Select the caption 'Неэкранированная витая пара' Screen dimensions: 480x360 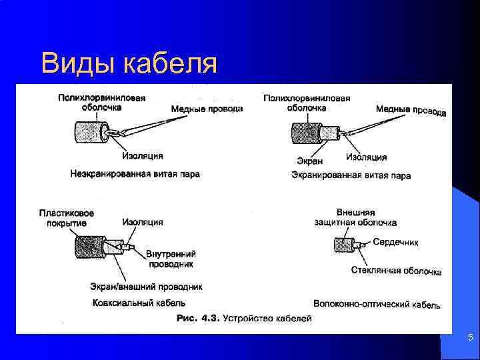(x=135, y=174)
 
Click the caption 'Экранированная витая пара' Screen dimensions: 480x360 (x=351, y=175)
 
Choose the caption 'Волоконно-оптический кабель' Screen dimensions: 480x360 (x=377, y=304)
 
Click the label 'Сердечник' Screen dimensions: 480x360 (x=396, y=243)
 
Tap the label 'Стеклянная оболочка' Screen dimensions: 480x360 (x=396, y=271)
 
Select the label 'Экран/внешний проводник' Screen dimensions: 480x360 (x=146, y=287)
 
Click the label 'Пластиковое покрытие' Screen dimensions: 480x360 (x=66, y=218)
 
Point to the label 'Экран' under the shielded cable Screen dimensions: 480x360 (x=309, y=161)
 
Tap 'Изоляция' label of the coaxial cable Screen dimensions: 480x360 (x=143, y=222)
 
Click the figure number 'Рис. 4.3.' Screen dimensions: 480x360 (x=198, y=319)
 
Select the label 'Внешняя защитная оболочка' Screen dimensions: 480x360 (x=355, y=217)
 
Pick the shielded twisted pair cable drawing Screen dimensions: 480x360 (x=311, y=133)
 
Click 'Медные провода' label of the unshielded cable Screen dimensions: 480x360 (x=207, y=109)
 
